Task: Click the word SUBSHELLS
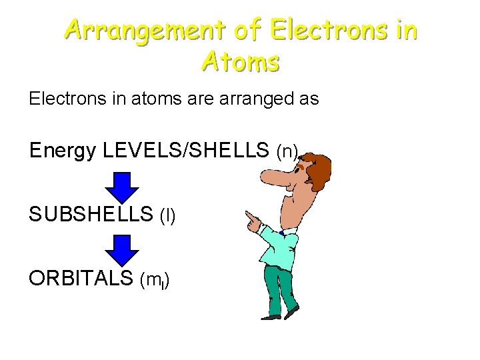coord(91,215)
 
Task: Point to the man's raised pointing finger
coord(249,217)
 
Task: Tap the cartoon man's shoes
coord(280,315)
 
